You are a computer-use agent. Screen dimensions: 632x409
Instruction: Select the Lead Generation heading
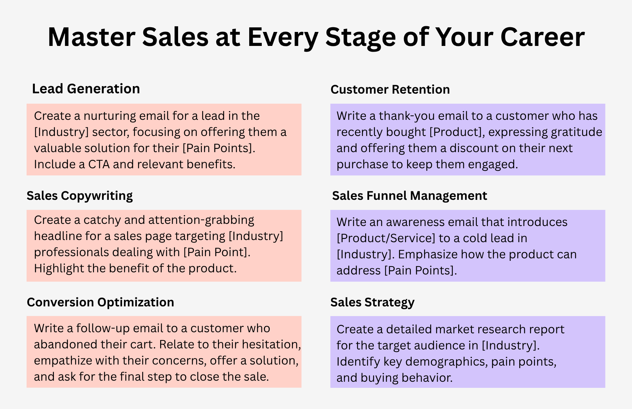[86, 89]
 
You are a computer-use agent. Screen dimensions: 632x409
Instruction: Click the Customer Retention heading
[390, 89]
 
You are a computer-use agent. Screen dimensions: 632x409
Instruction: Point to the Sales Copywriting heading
[80, 196]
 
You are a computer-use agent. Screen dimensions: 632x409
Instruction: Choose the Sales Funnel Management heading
[409, 196]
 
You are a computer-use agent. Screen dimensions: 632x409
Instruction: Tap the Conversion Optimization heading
[101, 302]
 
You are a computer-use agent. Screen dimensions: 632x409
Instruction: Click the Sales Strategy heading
[372, 302]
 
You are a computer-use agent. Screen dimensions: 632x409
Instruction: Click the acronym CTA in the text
[99, 164]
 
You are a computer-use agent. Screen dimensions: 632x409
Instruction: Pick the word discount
[472, 148]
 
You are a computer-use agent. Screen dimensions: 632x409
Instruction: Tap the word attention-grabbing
[201, 220]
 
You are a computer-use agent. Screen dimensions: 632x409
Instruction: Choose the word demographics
[446, 362]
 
